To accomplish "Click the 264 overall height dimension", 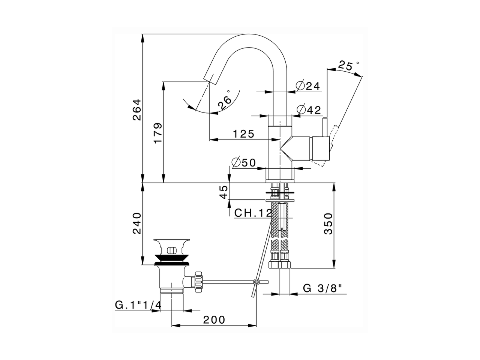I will point(137,109).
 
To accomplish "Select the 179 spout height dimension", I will point(158,133).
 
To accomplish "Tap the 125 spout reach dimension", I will point(243,134).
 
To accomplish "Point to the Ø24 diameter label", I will point(308,86).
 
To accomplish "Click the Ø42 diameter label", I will point(309,110).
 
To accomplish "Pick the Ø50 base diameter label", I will point(244,162).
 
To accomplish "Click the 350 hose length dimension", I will point(328,223).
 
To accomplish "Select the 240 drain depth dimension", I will point(137,223).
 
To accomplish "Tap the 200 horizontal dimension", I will point(214,319).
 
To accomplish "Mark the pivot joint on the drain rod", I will point(256,282).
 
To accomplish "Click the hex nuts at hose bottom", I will point(280,264).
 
